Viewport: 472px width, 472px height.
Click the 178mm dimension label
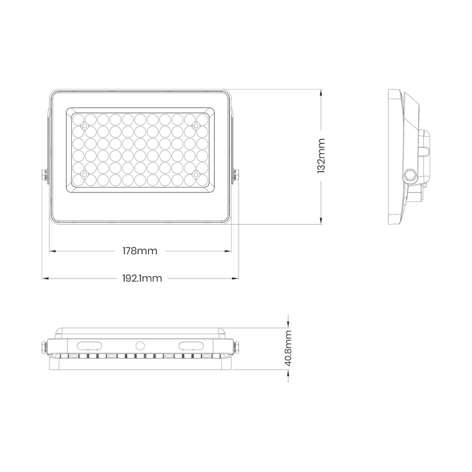coord(140,251)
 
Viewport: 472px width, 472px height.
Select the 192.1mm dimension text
coord(142,278)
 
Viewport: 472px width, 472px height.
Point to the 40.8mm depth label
coord(289,349)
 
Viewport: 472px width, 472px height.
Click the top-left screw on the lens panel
coord(84,126)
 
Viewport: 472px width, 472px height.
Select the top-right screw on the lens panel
coord(195,126)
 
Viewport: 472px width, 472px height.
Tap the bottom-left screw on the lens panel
coord(84,175)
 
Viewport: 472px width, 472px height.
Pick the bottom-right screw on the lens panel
coord(195,175)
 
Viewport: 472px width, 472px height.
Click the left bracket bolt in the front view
coord(44,176)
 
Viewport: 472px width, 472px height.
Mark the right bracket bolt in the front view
coord(236,176)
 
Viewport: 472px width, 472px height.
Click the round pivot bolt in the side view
coord(408,175)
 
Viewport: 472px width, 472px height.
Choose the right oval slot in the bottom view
coord(191,345)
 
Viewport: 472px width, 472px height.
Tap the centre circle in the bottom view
coord(140,345)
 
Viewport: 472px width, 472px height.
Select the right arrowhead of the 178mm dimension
coord(228,251)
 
